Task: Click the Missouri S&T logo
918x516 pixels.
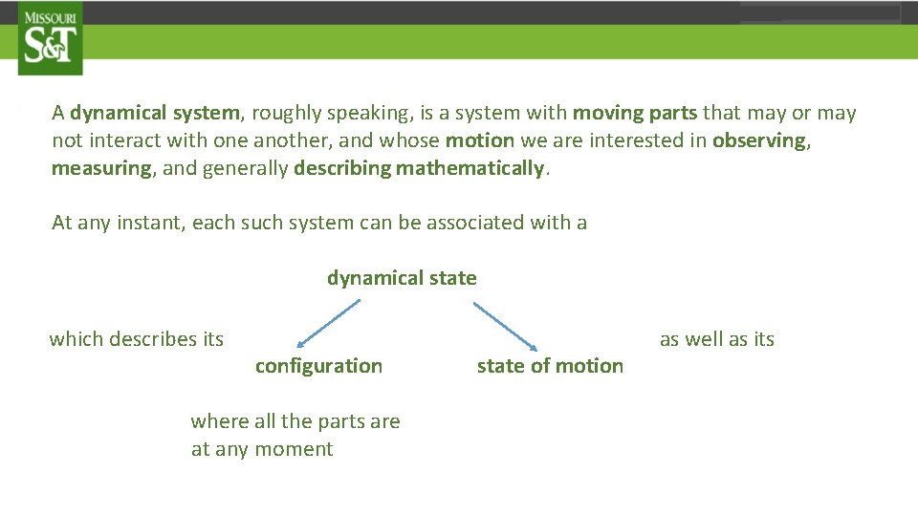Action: [x=50, y=38]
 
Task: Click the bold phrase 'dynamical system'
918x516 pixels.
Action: [x=154, y=113]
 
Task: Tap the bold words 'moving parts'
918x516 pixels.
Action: [x=635, y=113]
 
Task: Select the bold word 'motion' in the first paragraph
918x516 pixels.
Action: [x=480, y=140]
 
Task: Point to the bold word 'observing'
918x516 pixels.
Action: [x=760, y=140]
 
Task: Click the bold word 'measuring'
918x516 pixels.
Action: [x=101, y=168]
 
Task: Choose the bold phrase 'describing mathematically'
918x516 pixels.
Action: [x=419, y=168]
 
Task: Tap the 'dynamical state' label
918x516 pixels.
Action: [x=402, y=278]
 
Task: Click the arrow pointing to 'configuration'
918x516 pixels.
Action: [x=328, y=323]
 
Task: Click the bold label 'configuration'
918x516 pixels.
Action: [x=318, y=366]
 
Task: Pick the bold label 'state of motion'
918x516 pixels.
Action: [x=550, y=366]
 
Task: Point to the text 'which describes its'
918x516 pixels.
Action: [x=136, y=339]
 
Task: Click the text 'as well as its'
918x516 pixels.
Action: [x=717, y=339]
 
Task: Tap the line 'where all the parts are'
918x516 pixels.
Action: [x=295, y=421]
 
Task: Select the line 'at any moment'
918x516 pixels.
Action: [x=262, y=449]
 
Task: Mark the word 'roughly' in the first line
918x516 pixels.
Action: [x=286, y=113]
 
